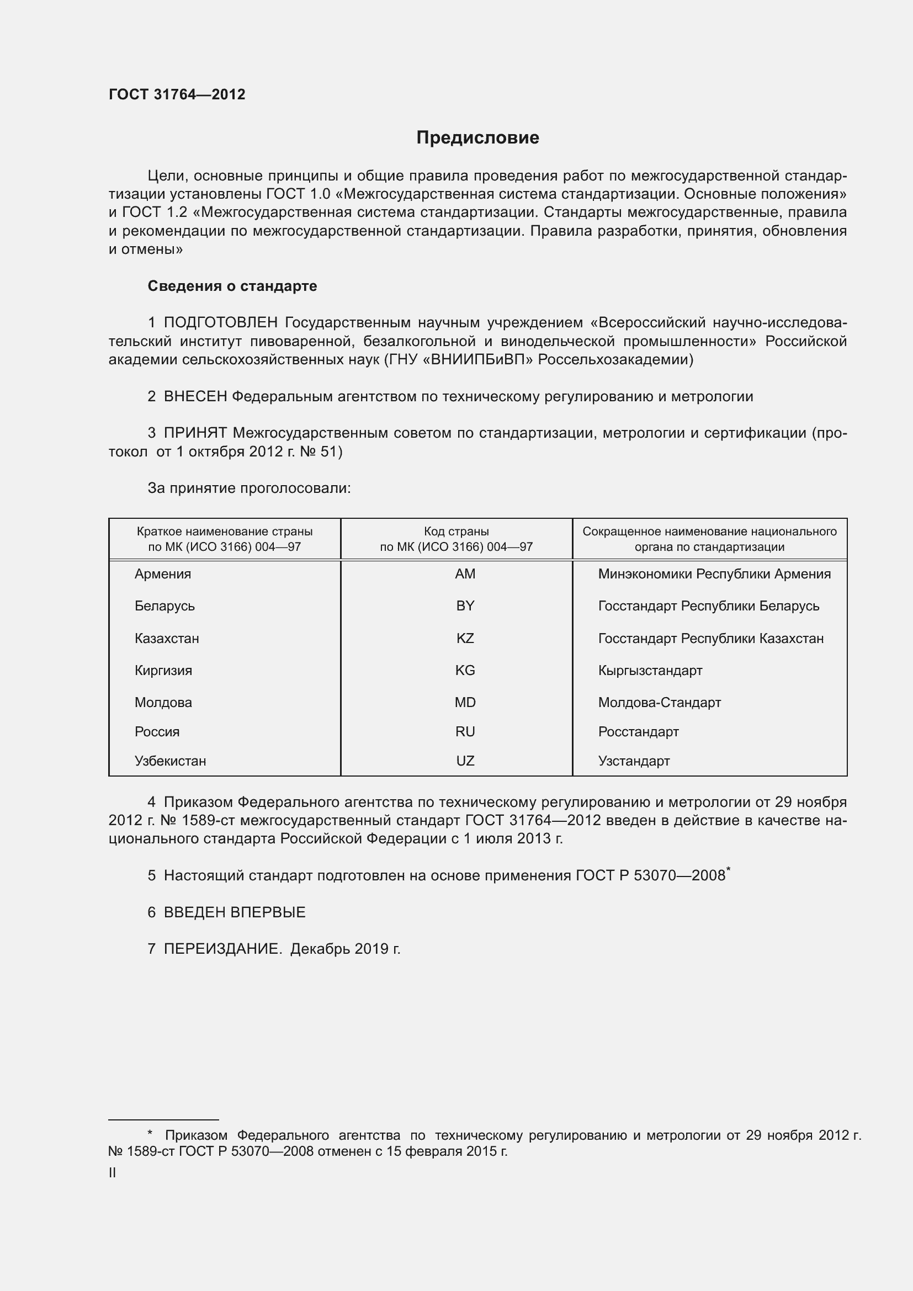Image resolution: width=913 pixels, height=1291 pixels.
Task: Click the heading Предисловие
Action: click(x=477, y=138)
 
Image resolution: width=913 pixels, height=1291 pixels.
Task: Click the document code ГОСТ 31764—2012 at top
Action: click(x=177, y=94)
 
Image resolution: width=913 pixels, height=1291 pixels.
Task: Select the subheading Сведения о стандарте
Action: click(x=232, y=286)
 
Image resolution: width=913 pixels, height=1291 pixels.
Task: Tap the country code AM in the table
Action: click(x=465, y=574)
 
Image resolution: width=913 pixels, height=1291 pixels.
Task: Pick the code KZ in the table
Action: click(x=465, y=638)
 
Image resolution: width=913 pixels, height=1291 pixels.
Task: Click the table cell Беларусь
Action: click(x=164, y=606)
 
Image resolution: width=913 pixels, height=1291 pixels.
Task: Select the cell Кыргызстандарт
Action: click(x=650, y=670)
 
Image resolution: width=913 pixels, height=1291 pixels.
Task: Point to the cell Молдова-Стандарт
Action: click(x=659, y=702)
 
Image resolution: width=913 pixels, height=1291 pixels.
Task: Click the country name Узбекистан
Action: click(x=170, y=761)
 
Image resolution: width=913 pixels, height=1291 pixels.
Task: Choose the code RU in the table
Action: click(x=465, y=731)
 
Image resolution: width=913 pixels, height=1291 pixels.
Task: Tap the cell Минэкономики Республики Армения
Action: click(x=714, y=574)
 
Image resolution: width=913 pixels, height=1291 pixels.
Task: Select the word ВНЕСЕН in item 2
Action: click(x=195, y=396)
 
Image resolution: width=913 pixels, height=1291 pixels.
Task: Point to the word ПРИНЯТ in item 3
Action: click(x=195, y=433)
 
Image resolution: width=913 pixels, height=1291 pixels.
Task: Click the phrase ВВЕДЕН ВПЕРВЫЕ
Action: click(x=235, y=912)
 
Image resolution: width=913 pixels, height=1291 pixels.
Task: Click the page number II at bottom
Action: click(x=112, y=1172)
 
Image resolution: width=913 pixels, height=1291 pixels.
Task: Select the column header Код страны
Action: click(x=456, y=532)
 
